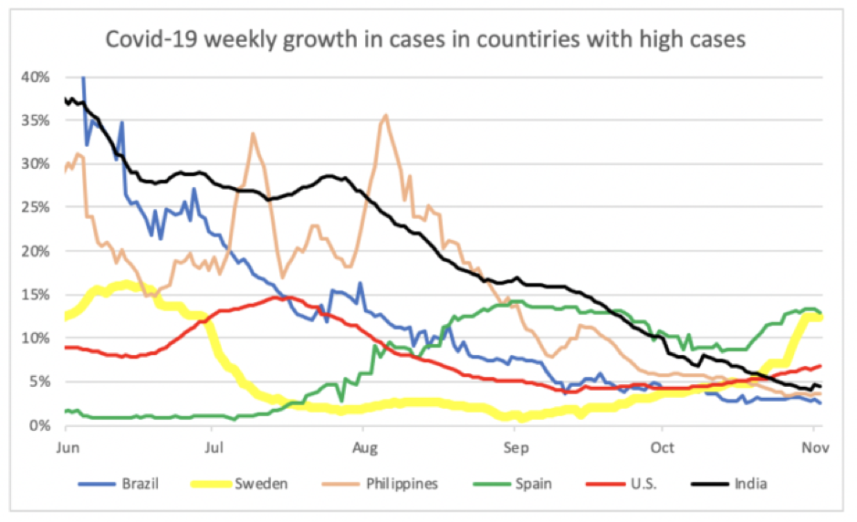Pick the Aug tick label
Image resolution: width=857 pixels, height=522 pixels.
pyautogui.click(x=363, y=446)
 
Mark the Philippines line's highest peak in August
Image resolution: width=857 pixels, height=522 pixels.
pyautogui.click(x=386, y=115)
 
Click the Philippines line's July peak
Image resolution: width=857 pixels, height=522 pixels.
pyautogui.click(x=253, y=133)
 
